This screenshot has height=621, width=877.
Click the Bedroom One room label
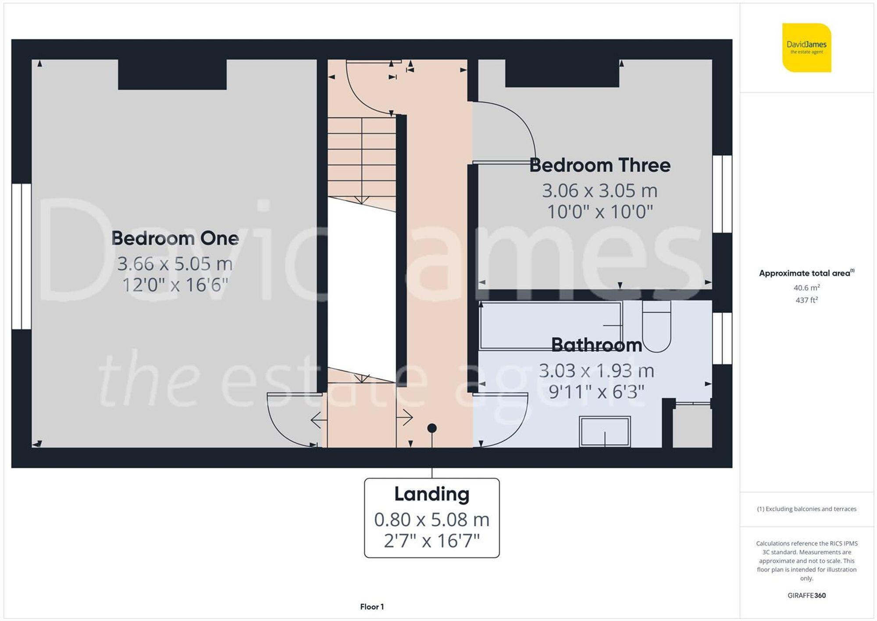(175, 238)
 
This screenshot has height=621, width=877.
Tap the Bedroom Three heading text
(600, 165)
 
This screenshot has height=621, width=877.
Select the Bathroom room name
(596, 345)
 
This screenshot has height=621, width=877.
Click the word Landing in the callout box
(431, 494)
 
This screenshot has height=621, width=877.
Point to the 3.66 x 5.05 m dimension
(175, 264)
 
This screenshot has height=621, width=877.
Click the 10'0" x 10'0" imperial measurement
(600, 212)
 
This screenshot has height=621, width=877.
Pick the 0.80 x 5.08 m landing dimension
(431, 520)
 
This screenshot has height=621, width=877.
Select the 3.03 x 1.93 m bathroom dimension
(596, 371)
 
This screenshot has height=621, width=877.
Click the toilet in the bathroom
(656, 327)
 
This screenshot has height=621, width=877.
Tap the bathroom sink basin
(605, 431)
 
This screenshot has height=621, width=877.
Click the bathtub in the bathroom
(550, 325)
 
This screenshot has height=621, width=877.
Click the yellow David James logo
(806, 47)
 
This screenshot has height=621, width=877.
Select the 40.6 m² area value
(806, 288)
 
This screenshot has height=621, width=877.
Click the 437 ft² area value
(806, 300)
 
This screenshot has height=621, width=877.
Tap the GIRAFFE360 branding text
(806, 596)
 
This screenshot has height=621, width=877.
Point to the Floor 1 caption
(372, 607)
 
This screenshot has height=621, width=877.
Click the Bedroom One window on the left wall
(21, 256)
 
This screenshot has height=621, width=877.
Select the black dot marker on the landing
(432, 428)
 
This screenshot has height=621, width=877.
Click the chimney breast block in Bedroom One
(172, 74)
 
